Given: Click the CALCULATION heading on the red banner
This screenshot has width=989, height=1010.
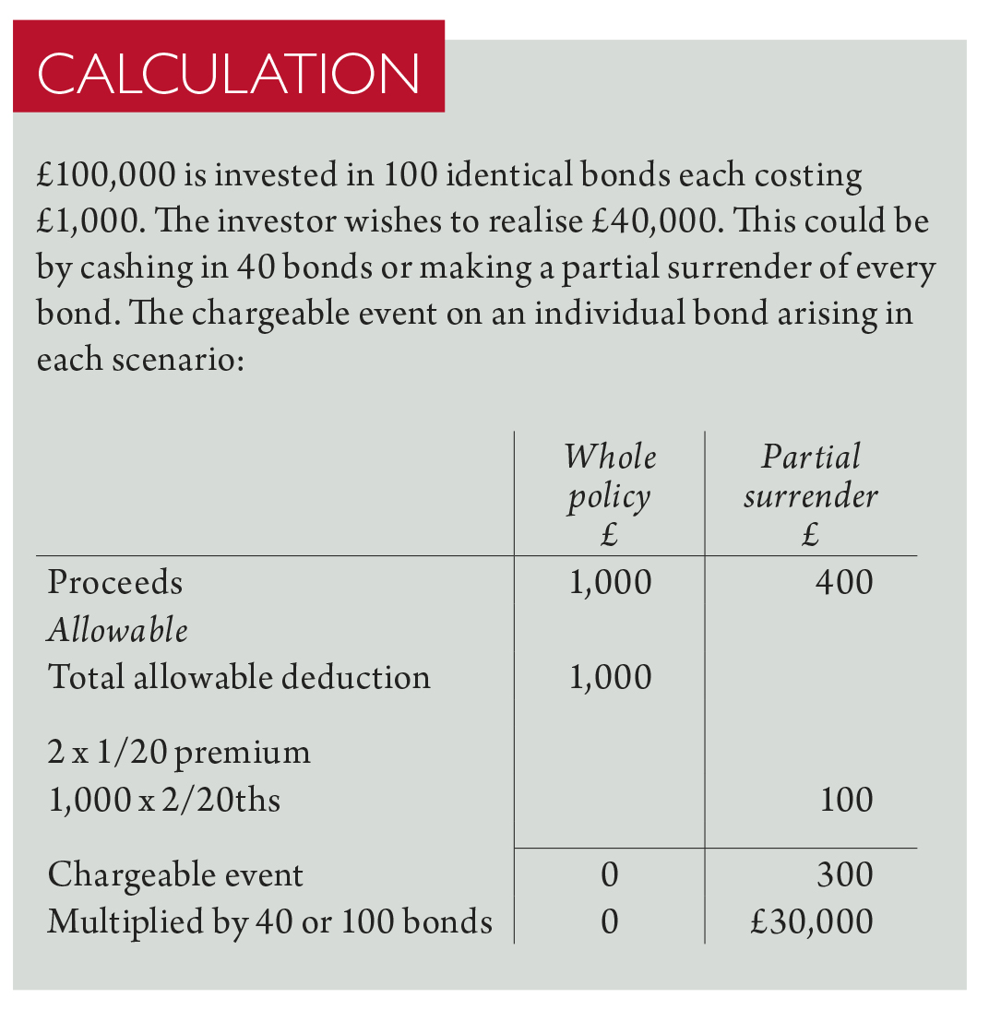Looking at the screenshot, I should pyautogui.click(x=229, y=74).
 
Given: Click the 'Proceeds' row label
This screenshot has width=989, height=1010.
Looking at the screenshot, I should pyautogui.click(x=115, y=583).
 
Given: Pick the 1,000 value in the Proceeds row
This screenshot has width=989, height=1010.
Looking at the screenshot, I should pyautogui.click(x=610, y=583).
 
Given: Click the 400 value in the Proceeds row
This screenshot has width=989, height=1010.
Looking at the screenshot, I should pyautogui.click(x=843, y=583).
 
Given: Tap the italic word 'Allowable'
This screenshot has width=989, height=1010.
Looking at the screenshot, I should pyautogui.click(x=117, y=631).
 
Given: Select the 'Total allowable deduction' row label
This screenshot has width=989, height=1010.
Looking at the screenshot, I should pyautogui.click(x=239, y=677).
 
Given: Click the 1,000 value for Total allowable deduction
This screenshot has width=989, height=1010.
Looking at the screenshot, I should pyautogui.click(x=610, y=677).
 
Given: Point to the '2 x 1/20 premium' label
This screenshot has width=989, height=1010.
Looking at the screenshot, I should pyautogui.click(x=179, y=753).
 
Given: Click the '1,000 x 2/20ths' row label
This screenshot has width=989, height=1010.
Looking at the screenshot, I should pyautogui.click(x=164, y=799).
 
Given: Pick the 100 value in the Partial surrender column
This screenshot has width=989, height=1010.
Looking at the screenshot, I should pyautogui.click(x=846, y=799).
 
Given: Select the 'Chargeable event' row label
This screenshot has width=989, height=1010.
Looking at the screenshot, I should pyautogui.click(x=175, y=874).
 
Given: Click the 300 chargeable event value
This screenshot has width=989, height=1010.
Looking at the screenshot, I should pyautogui.click(x=844, y=874).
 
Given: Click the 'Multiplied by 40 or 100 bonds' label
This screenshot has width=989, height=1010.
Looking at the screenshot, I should pyautogui.click(x=269, y=921).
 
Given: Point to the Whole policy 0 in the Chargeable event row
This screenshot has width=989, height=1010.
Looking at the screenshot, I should pyautogui.click(x=609, y=874).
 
